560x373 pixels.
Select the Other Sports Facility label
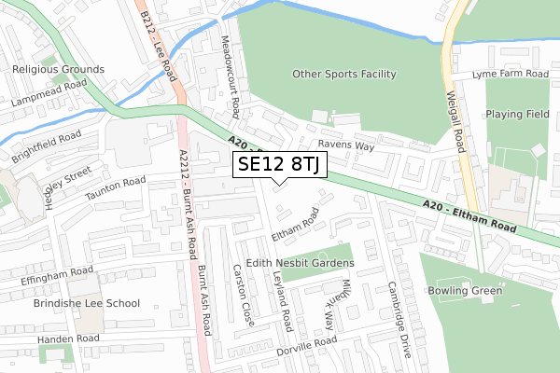(344, 74)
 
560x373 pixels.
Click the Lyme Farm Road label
(510, 74)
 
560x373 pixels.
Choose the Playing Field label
(520, 114)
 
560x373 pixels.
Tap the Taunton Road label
(116, 189)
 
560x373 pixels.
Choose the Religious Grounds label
(58, 69)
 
